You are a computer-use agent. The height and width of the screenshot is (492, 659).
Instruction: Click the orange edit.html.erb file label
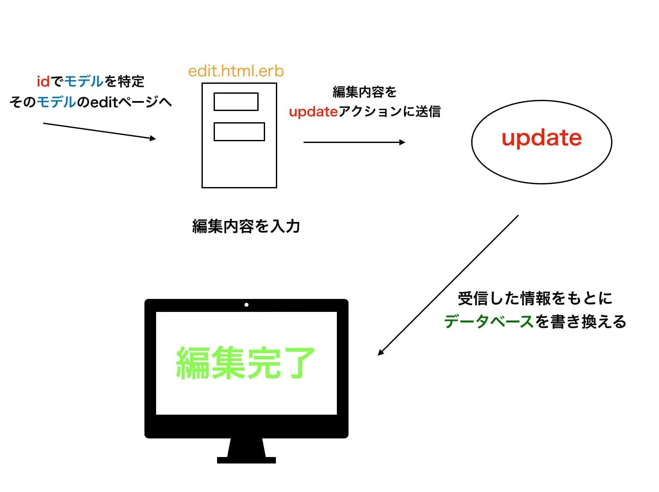(x=236, y=71)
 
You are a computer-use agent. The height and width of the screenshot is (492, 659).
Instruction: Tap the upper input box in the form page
(x=236, y=102)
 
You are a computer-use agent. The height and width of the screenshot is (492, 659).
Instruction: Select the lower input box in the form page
(x=239, y=132)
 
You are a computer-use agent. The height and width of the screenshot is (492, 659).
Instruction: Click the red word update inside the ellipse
(x=541, y=138)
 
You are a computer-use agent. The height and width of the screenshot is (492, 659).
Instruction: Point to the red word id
(x=43, y=81)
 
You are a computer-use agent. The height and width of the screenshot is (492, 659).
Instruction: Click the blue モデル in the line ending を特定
(x=84, y=81)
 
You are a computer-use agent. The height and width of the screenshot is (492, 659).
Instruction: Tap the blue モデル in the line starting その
(x=57, y=102)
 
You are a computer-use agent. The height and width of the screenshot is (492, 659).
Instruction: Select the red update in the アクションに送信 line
(x=313, y=112)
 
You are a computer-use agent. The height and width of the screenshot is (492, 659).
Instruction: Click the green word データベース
(x=489, y=322)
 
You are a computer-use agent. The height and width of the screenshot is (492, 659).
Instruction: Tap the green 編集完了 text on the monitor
(x=245, y=363)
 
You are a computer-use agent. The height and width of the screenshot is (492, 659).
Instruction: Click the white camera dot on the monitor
(x=246, y=305)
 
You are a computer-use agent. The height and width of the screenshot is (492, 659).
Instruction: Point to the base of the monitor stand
(x=246, y=460)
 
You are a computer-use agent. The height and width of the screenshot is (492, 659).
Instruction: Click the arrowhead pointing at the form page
(x=153, y=138)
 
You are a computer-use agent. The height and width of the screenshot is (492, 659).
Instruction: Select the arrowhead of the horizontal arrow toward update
(x=402, y=142)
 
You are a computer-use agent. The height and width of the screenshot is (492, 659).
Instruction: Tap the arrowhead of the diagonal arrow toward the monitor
(x=381, y=352)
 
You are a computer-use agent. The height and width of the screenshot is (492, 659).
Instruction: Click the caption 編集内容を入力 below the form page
(x=246, y=226)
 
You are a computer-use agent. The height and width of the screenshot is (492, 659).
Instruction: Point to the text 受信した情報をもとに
(x=535, y=298)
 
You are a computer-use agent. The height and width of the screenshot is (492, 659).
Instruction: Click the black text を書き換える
(x=581, y=322)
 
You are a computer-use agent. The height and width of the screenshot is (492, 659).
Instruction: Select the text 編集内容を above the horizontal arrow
(x=365, y=92)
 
